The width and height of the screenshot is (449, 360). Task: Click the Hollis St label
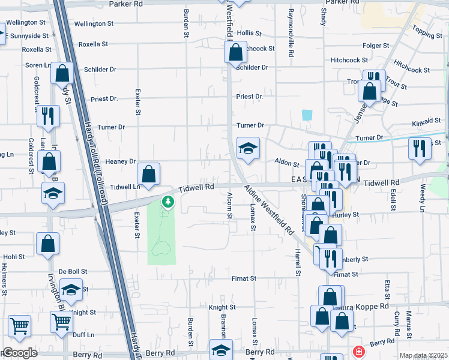249,33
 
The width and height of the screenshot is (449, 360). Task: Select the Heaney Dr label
121,161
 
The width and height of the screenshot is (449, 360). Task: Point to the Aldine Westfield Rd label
268,209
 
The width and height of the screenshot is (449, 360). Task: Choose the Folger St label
376,45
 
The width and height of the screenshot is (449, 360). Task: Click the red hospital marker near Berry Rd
358,351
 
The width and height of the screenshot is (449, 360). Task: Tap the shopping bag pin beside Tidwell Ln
149,175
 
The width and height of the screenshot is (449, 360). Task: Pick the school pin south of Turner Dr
247,148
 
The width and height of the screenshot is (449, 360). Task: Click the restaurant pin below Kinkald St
420,148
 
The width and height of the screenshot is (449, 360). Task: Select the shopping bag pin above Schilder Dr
236,52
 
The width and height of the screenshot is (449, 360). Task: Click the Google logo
20,353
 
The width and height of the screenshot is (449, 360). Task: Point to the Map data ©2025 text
423,355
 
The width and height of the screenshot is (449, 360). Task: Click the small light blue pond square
307,115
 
